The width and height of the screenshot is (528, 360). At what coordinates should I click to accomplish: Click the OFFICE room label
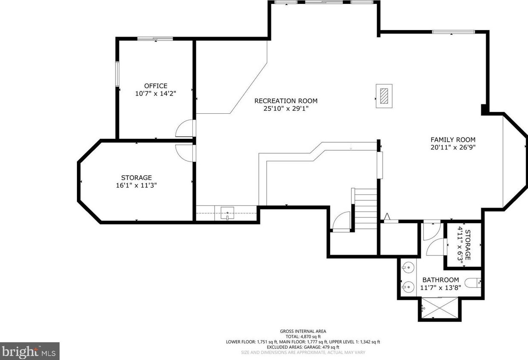pos(155,86)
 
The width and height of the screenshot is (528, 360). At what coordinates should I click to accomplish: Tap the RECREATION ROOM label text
pos(286,101)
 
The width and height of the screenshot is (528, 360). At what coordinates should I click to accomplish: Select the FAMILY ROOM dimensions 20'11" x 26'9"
pos(453,147)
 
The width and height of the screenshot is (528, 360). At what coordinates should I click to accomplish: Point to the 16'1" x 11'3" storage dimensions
pos(136,186)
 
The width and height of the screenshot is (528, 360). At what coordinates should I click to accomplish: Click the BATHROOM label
pos(440,280)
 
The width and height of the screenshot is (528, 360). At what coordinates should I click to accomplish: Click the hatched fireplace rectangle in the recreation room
pos(384,96)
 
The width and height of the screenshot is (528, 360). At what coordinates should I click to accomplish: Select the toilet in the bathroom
pos(473,283)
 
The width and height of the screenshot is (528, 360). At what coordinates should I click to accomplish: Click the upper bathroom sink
pos(408,267)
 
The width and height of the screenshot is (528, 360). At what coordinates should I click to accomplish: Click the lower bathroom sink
pos(408,287)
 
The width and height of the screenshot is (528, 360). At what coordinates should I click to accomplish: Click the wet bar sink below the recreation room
pos(227,213)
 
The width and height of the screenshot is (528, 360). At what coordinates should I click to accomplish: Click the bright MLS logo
pos(29,351)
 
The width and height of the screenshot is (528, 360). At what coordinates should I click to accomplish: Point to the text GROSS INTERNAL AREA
pos(303,331)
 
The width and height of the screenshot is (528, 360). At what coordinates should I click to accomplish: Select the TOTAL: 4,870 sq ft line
pos(303,337)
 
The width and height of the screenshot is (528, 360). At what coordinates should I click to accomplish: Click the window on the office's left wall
pos(117,74)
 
